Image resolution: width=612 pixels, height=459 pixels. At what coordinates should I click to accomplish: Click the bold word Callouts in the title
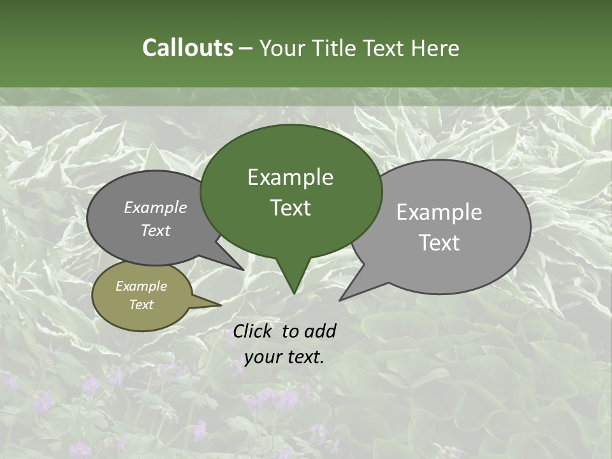click(187, 48)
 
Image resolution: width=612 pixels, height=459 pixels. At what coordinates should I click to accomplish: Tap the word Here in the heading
click(435, 48)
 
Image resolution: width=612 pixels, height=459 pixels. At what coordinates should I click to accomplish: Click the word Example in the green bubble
click(290, 177)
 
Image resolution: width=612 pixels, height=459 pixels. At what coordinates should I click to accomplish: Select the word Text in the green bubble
click(291, 208)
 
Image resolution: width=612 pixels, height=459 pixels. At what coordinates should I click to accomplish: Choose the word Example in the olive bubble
click(141, 286)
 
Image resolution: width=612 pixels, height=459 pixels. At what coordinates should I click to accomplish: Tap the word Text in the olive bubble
click(141, 305)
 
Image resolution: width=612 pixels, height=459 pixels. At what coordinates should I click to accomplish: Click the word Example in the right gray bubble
click(439, 212)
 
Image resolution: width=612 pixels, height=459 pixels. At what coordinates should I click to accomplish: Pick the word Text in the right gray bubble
click(440, 243)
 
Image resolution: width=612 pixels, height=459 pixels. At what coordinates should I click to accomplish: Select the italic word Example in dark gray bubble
click(155, 207)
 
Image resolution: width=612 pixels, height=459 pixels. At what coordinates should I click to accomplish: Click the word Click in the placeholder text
click(253, 331)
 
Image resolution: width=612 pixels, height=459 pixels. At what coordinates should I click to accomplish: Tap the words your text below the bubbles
click(284, 358)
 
